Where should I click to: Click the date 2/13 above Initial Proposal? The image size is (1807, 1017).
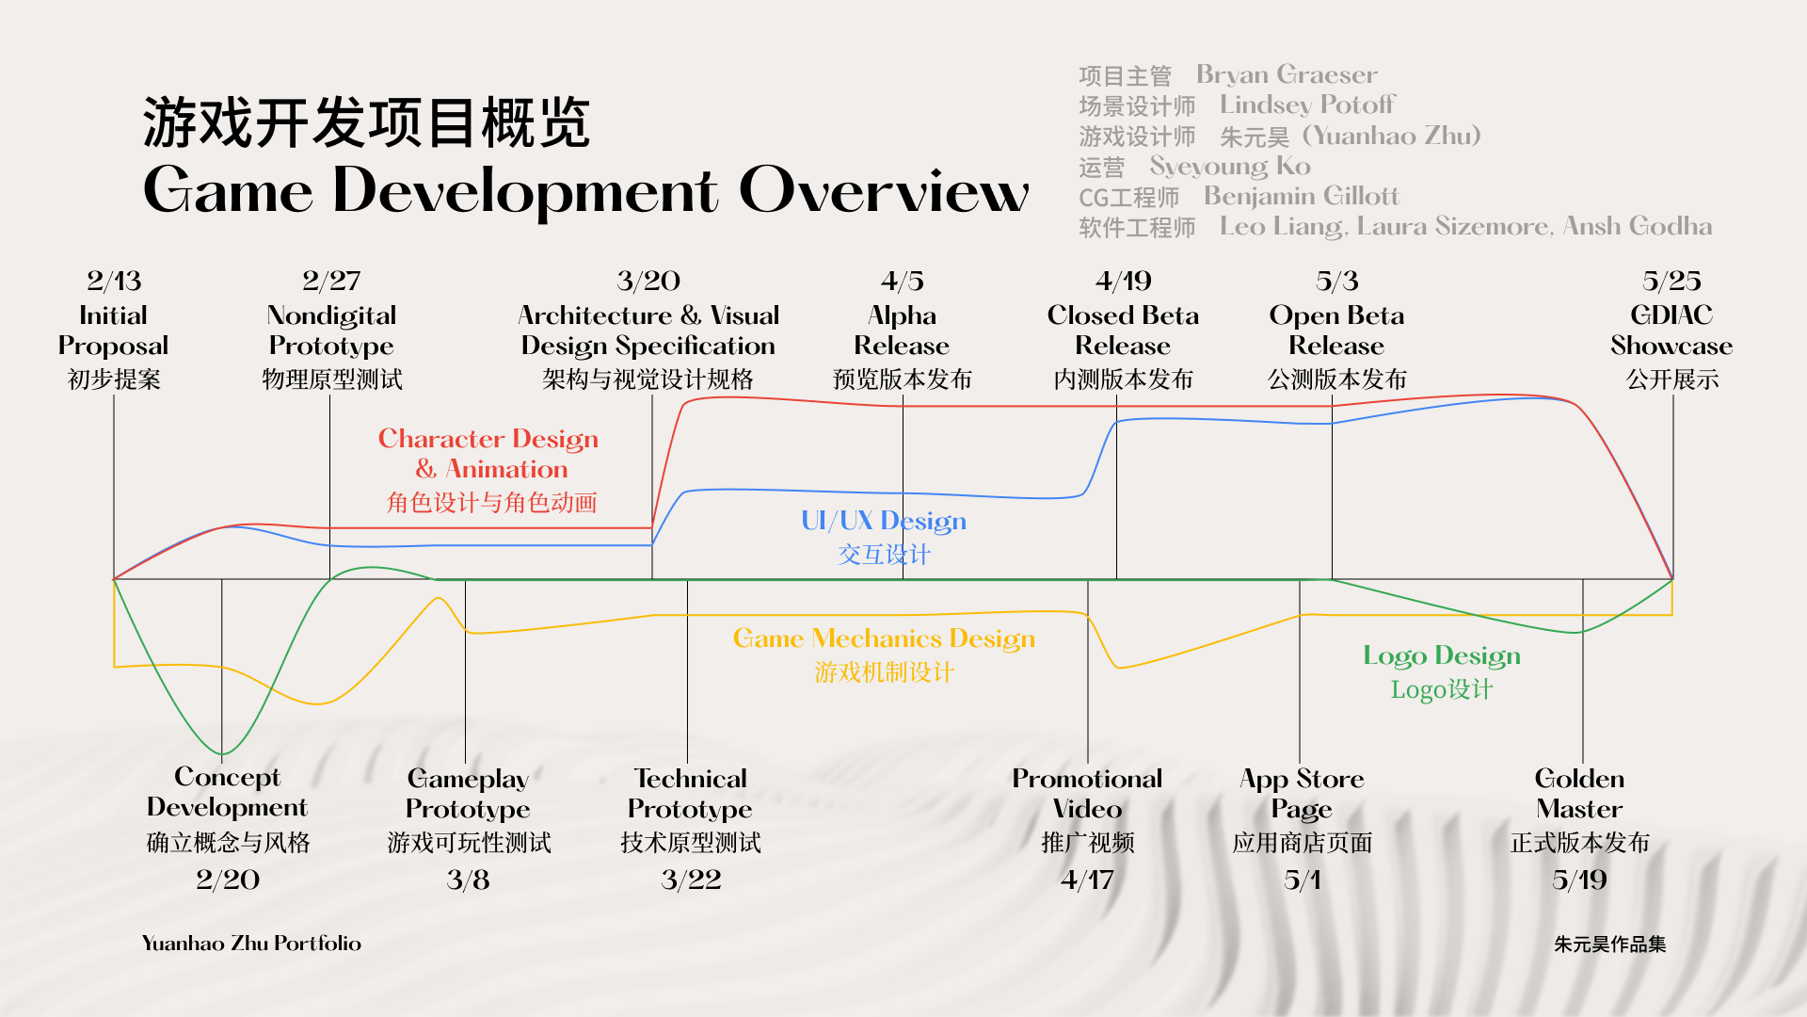coord(114,281)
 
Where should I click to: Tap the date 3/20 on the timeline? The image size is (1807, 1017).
coord(648,281)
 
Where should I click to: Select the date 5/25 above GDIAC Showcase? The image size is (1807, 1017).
coord(1671,281)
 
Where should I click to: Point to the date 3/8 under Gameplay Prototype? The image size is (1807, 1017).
coord(468,880)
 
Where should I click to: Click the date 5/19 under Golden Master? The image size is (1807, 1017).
coord(1579,880)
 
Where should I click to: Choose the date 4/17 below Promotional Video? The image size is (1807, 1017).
coord(1087,880)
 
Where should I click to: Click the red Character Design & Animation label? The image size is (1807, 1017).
coord(488,454)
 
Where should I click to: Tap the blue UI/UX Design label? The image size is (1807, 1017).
coord(884,521)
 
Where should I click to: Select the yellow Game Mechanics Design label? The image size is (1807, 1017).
coord(884,638)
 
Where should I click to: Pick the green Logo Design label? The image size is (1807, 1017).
coord(1442,655)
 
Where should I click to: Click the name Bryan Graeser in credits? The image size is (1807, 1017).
coord(1287,74)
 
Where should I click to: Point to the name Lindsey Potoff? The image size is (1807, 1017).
coord(1307,105)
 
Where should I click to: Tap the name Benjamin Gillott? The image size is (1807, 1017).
coord(1302,196)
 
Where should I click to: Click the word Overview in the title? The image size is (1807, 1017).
coord(884,190)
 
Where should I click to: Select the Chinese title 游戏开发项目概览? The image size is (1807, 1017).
coord(366,122)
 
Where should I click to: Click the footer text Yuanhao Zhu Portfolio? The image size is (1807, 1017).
coord(251,943)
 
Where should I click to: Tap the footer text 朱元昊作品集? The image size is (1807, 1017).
coord(1609,944)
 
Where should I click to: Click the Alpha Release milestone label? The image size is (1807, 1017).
coord(902,331)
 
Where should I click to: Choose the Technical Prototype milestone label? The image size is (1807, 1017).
coord(690,794)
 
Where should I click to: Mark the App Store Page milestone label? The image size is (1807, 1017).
coord(1302,794)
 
